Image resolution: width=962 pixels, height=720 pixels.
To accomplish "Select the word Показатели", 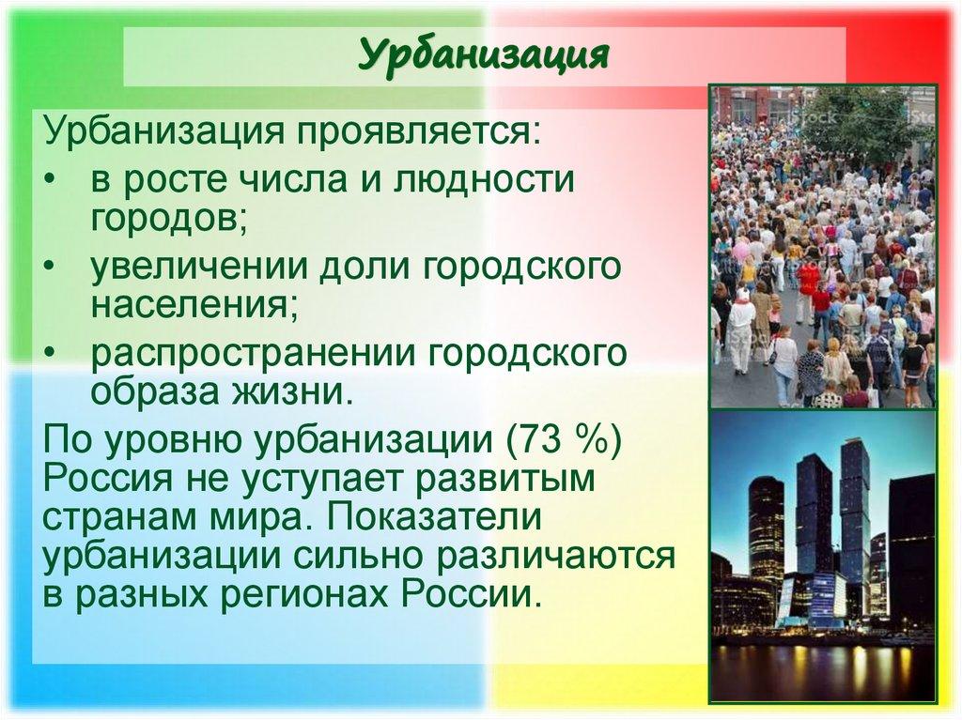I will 456,519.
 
